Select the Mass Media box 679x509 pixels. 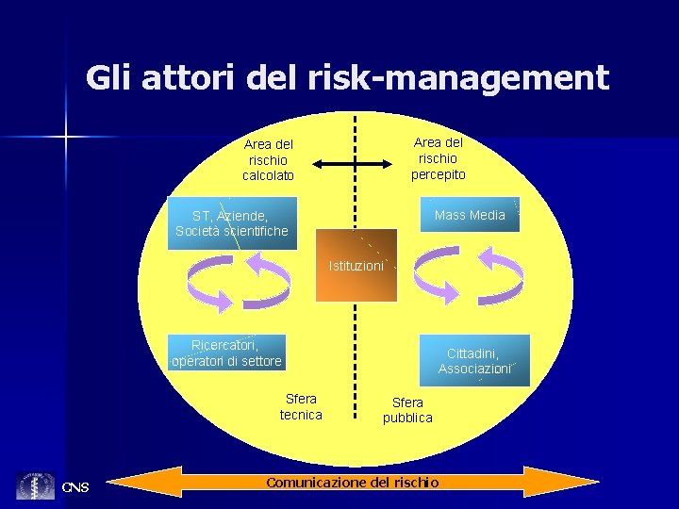(x=470, y=215)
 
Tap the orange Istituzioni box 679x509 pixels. (x=356, y=266)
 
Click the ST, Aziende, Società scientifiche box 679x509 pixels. (x=232, y=223)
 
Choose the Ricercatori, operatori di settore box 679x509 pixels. (x=226, y=353)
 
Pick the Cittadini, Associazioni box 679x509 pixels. (x=474, y=361)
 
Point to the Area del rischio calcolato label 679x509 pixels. (x=269, y=160)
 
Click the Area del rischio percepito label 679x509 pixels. (x=439, y=158)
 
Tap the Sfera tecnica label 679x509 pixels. (x=301, y=407)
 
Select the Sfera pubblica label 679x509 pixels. (x=407, y=410)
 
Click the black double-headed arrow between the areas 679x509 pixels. (x=351, y=164)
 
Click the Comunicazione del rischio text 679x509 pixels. (x=352, y=483)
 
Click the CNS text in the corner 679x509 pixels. (x=75, y=487)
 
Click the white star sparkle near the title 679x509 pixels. (x=66, y=138)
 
